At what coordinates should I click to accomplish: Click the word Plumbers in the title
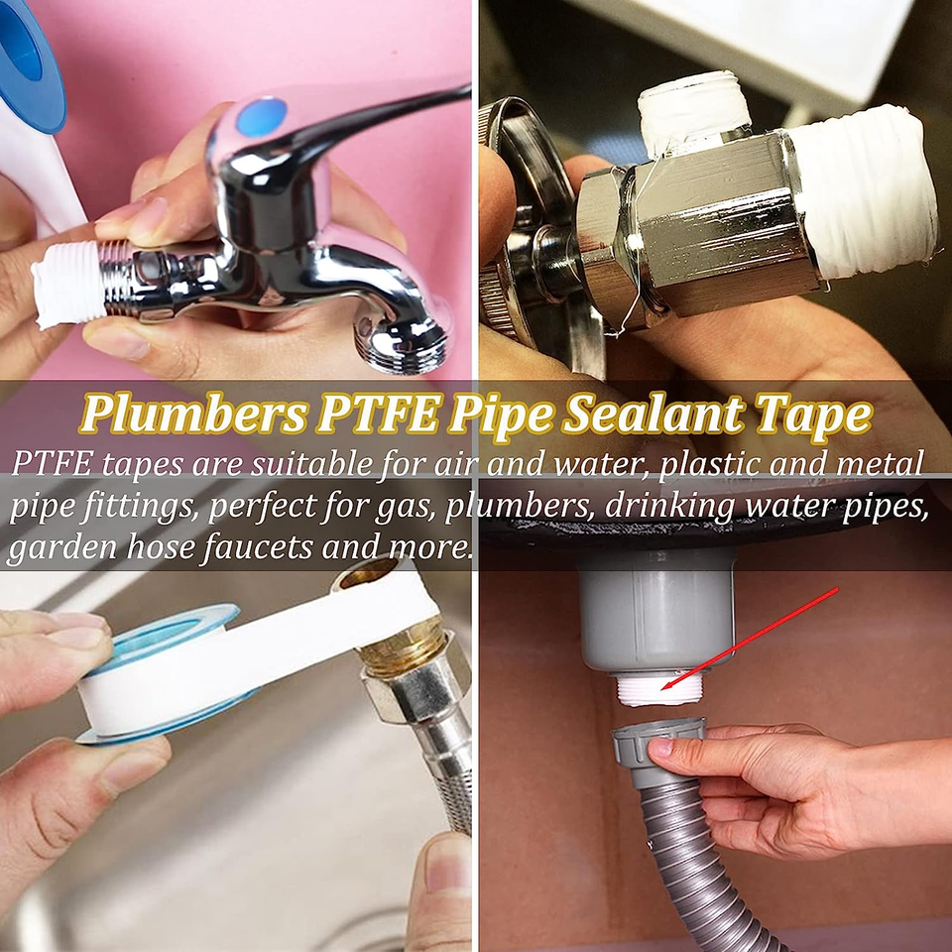pyautogui.click(x=192, y=416)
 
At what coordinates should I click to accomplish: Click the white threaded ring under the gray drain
pyautogui.click(x=657, y=691)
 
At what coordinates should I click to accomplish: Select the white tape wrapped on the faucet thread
pyautogui.click(x=69, y=286)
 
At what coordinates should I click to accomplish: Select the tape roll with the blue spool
pyautogui.click(x=159, y=674)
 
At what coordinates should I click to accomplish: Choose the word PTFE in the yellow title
pyautogui.click(x=377, y=416)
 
